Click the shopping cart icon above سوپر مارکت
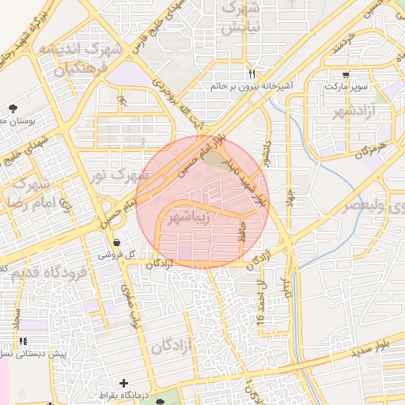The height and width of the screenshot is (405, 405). tap(346, 74)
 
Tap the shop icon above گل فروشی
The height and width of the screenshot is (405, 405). tap(117, 243)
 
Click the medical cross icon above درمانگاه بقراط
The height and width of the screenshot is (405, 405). tap(123, 383)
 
